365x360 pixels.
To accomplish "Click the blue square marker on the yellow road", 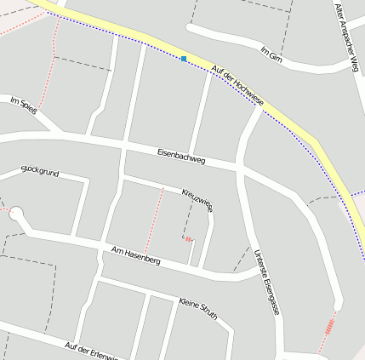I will [x=184, y=59].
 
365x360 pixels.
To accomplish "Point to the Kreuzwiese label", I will [x=197, y=199].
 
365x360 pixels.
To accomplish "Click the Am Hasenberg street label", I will [x=136, y=254].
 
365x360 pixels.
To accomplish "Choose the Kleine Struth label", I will [x=199, y=307].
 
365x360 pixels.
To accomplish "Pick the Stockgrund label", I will [x=39, y=172].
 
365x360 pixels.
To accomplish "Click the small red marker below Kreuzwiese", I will [x=187, y=239].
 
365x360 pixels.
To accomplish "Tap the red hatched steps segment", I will [x=328, y=324].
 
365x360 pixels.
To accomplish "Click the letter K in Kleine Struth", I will [x=182, y=300].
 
